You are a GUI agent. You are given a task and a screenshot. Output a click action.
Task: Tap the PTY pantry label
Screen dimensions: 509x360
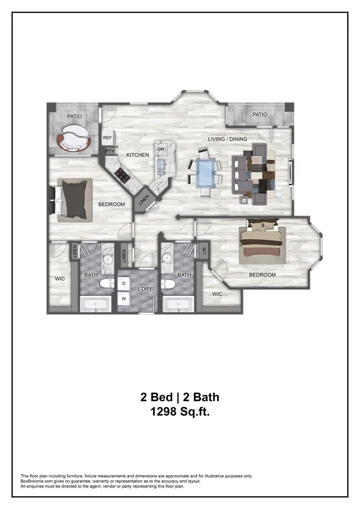[110, 151]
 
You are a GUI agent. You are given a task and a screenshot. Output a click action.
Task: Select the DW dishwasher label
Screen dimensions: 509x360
[161, 150]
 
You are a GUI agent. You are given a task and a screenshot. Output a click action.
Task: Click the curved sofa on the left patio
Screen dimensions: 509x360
[74, 139]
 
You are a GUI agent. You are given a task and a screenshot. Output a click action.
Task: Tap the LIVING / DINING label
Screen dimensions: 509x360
[227, 138]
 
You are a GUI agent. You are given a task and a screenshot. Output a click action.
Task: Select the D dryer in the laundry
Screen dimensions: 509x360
[123, 283]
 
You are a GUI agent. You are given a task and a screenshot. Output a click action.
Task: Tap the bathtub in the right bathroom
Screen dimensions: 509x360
[177, 304]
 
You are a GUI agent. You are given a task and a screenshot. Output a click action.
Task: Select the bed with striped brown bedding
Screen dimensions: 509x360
[263, 243]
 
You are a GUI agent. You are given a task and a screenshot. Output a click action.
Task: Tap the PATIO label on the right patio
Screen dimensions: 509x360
[260, 115]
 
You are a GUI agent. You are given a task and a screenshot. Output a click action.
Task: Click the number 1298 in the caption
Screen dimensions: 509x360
[166, 412]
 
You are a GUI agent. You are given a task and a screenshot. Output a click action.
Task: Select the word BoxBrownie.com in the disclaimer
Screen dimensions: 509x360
[37, 481]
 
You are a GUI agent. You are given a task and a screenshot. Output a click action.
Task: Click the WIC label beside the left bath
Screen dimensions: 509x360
[60, 279]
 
